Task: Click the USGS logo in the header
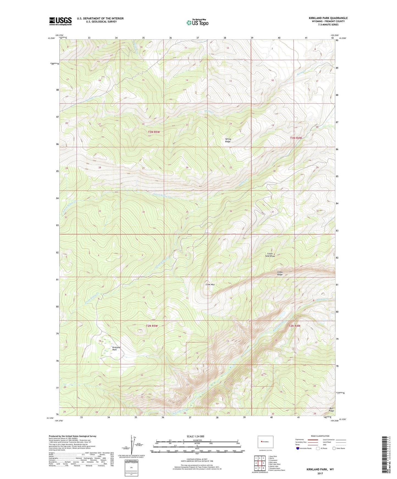pyautogui.click(x=60, y=21)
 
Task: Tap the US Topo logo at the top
pyautogui.click(x=197, y=22)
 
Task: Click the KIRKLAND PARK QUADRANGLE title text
pyautogui.click(x=328, y=18)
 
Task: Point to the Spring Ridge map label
pyautogui.click(x=228, y=140)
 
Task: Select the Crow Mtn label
pyautogui.click(x=210, y=284)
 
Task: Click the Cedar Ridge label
pyautogui.click(x=280, y=273)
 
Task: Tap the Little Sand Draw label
pyautogui.click(x=270, y=255)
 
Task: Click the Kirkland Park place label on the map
pyautogui.click(x=116, y=348)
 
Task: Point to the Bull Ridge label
pyautogui.click(x=332, y=410)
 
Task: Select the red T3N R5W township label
pyautogui.click(x=154, y=132)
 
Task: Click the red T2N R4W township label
pyautogui.click(x=294, y=326)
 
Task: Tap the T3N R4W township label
pyautogui.click(x=296, y=138)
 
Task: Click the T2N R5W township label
pyautogui.click(x=152, y=326)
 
